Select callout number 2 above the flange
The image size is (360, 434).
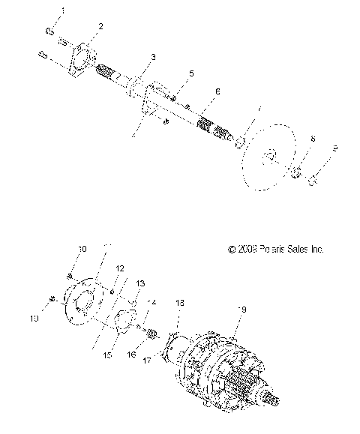[101, 26]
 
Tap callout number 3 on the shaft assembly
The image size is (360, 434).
[153, 57]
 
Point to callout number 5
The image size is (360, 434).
[191, 73]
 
